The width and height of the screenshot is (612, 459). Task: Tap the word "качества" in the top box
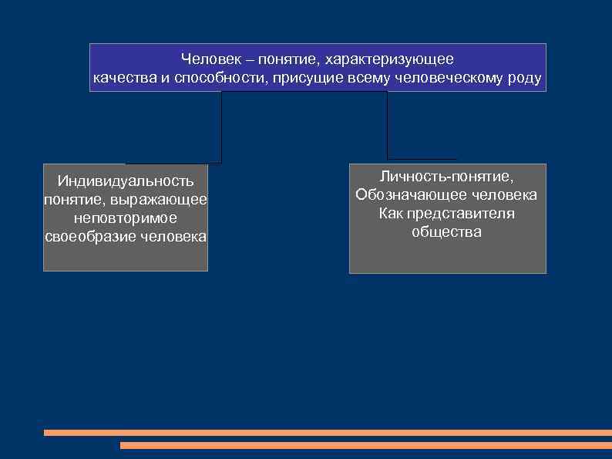coord(125,79)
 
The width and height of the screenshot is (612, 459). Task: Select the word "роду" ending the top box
coord(525,79)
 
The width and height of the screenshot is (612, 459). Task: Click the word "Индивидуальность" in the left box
coord(126,181)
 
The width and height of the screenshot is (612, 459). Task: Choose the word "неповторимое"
coord(126,218)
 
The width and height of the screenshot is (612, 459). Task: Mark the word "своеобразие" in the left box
coord(91,237)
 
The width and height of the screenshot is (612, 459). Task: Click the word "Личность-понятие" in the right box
coord(447,177)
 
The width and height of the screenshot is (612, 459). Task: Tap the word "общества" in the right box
coord(447,232)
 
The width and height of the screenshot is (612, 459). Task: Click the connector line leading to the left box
coord(221,127)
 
